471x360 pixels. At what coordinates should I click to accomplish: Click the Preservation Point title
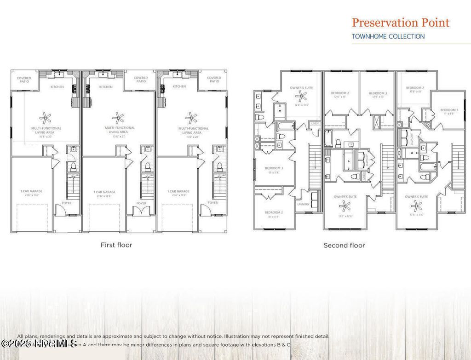(x=400, y=23)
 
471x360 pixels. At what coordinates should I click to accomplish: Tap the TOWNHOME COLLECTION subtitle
(x=388, y=36)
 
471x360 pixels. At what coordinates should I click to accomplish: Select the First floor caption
(x=116, y=245)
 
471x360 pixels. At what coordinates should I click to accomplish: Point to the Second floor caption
(x=344, y=246)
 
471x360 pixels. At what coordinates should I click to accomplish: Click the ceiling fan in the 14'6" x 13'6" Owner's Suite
(x=302, y=96)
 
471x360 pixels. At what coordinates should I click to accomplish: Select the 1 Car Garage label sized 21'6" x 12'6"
(x=104, y=194)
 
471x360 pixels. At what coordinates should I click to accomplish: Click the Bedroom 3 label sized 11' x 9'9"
(x=449, y=111)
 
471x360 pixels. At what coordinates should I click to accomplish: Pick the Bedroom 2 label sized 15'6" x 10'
(x=415, y=89)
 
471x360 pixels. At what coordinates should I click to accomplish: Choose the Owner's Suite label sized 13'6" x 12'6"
(x=345, y=199)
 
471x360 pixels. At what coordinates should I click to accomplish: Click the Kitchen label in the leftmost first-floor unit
(x=57, y=87)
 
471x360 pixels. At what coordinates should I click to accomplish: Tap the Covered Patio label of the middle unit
(x=141, y=80)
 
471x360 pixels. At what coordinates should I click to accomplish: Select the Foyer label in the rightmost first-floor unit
(x=213, y=203)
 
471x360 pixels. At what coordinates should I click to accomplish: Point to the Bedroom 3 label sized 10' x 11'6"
(x=274, y=170)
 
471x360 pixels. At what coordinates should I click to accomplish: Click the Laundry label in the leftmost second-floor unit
(x=303, y=205)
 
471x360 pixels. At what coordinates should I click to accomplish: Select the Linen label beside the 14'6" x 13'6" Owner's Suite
(x=315, y=123)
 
